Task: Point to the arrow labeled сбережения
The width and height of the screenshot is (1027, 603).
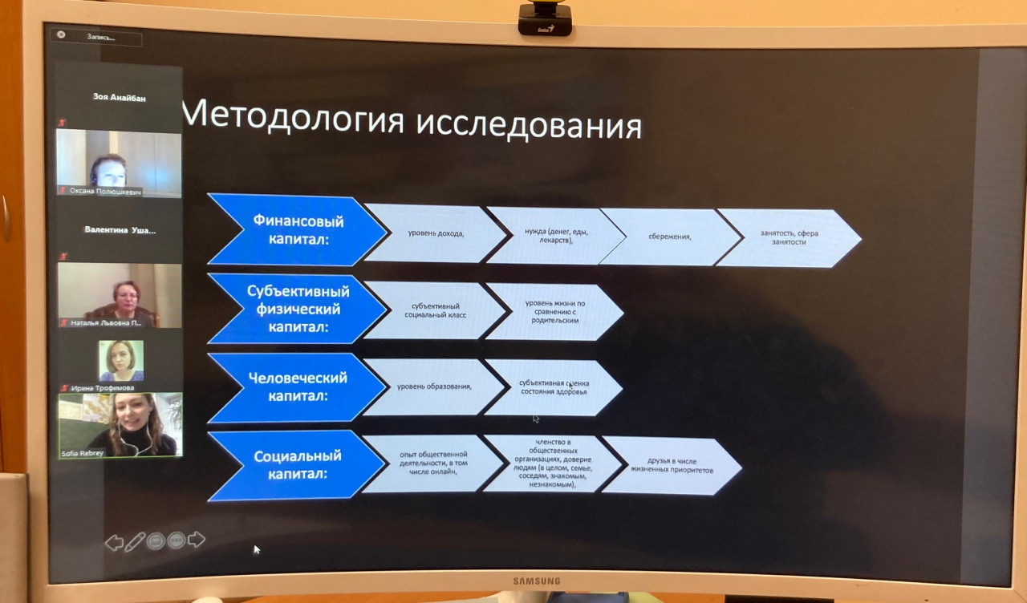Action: (670, 237)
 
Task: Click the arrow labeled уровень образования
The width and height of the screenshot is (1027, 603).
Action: (433, 386)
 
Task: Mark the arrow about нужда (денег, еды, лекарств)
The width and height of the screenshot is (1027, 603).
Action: (556, 236)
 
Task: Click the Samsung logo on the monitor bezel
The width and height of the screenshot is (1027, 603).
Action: (537, 581)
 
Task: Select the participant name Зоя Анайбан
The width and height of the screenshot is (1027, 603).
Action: (120, 97)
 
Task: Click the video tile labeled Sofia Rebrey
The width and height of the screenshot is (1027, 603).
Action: (120, 425)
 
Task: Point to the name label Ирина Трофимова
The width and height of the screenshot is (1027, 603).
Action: (103, 387)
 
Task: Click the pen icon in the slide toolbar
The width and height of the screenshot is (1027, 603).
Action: (135, 541)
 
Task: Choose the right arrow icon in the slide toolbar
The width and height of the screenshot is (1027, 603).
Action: (196, 540)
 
